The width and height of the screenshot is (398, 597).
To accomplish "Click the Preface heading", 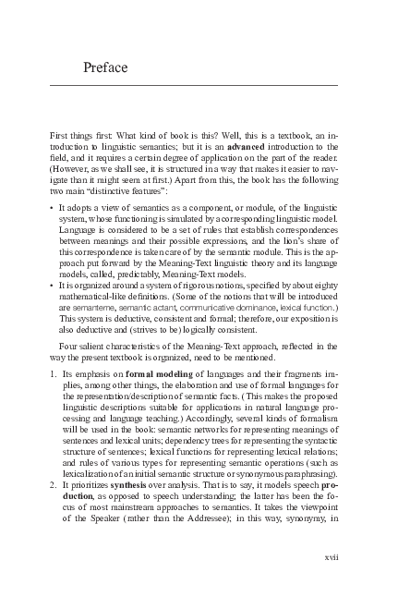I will [x=104, y=68].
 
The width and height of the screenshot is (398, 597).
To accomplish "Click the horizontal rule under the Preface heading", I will [x=194, y=85].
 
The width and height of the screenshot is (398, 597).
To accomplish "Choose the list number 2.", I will [x=51, y=484].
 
